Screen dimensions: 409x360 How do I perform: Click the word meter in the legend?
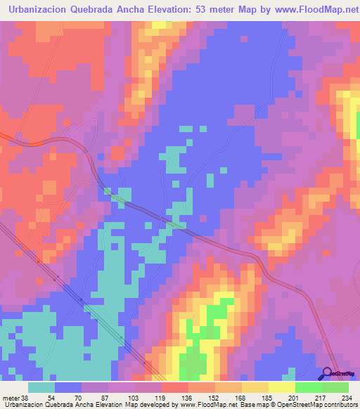coord(12,397)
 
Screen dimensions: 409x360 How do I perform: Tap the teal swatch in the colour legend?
coord(41,387)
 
